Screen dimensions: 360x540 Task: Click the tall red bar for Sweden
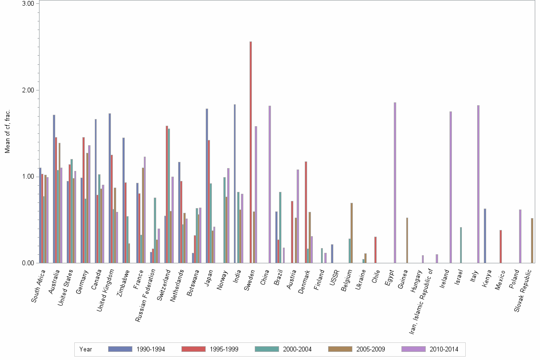pyautogui.click(x=250, y=152)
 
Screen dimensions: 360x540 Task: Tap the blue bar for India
pyautogui.click(x=235, y=183)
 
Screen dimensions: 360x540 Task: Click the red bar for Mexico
pyautogui.click(x=500, y=246)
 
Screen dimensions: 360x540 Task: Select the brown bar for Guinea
pyautogui.click(x=407, y=240)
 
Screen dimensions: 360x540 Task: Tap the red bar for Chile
pyautogui.click(x=375, y=250)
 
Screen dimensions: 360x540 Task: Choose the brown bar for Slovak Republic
pyautogui.click(x=531, y=240)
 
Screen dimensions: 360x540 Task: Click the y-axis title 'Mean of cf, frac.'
pyautogui.click(x=7, y=131)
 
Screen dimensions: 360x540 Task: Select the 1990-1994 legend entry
pyautogui.click(x=138, y=349)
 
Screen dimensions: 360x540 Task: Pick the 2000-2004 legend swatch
pyautogui.click(x=267, y=349)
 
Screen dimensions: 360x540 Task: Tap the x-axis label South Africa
pyautogui.click(x=39, y=286)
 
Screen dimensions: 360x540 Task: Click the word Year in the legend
pyautogui.click(x=86, y=349)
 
